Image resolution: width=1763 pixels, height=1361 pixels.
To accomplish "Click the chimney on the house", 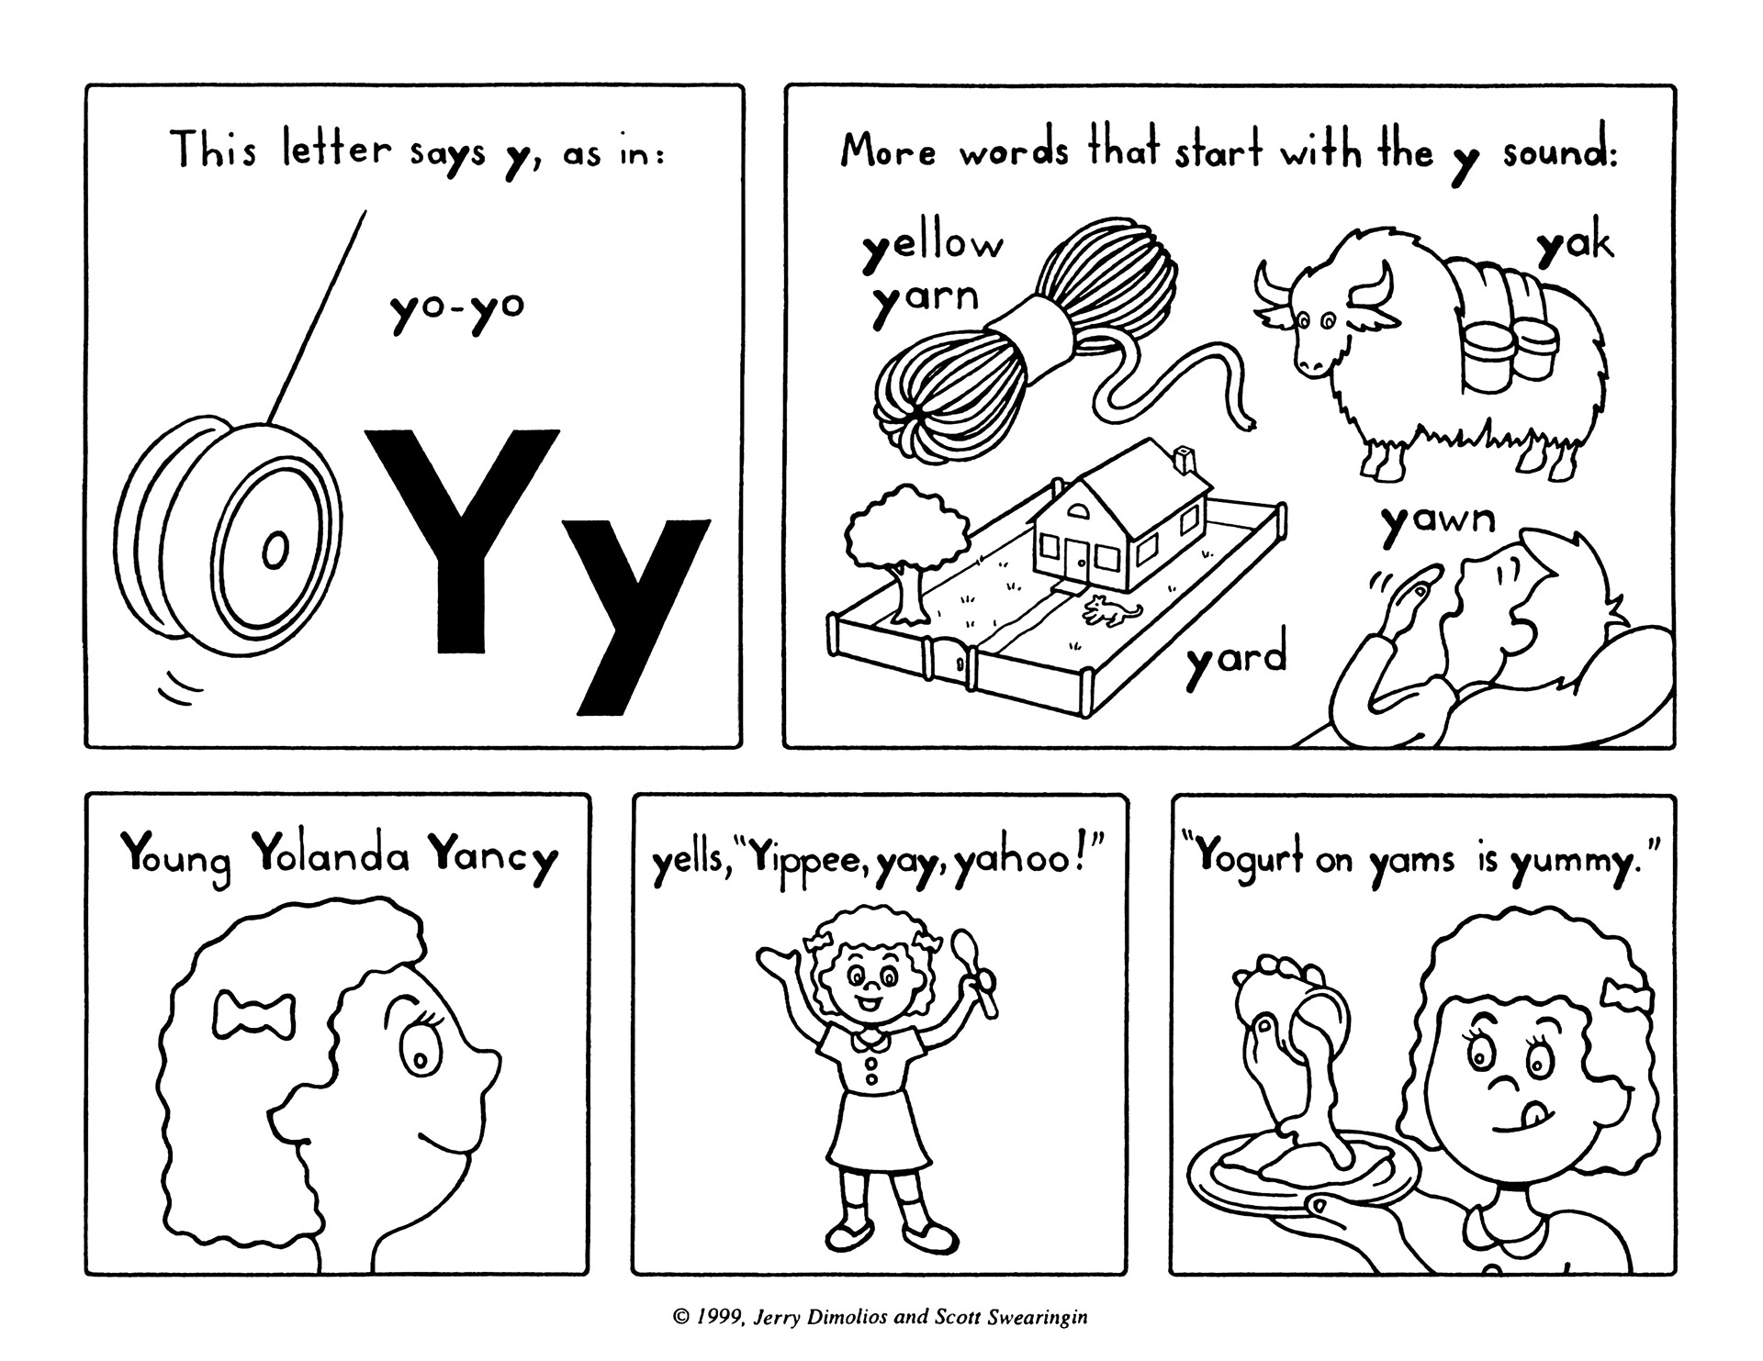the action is pos(1186,458).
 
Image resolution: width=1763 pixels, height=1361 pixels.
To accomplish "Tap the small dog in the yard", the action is pos(1112,610).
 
